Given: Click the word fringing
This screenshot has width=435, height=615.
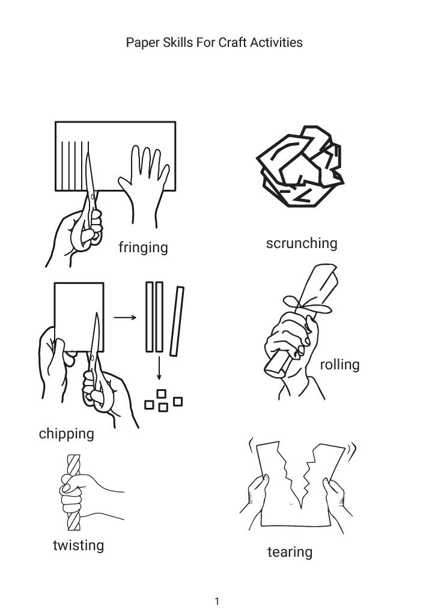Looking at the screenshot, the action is pos(143,247).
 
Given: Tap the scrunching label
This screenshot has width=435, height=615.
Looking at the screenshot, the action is pos(302,243).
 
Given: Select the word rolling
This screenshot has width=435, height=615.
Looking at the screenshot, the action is pos(339,365).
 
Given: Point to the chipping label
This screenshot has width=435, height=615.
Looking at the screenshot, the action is pos(66,434).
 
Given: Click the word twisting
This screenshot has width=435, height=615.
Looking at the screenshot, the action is pos(79,545).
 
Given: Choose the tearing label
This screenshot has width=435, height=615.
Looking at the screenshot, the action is pos(290,552).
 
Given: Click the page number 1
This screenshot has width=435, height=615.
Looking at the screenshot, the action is pos(217,601).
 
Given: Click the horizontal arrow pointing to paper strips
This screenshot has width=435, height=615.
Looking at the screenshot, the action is pos(125,317).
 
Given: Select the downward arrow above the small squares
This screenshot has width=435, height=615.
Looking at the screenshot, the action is pos(159,368).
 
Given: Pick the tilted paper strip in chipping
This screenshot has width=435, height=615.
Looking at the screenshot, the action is pos(177,321).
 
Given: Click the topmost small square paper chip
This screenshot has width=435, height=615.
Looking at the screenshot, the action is pos(161,393).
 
